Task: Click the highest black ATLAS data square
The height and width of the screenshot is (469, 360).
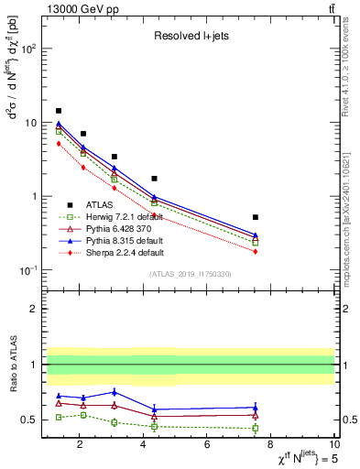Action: click(59, 111)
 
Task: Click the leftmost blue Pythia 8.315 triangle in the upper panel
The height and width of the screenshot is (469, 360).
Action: click(59, 123)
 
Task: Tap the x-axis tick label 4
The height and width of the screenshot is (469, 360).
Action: click(143, 445)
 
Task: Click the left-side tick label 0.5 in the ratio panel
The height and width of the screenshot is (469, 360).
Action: click(28, 420)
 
